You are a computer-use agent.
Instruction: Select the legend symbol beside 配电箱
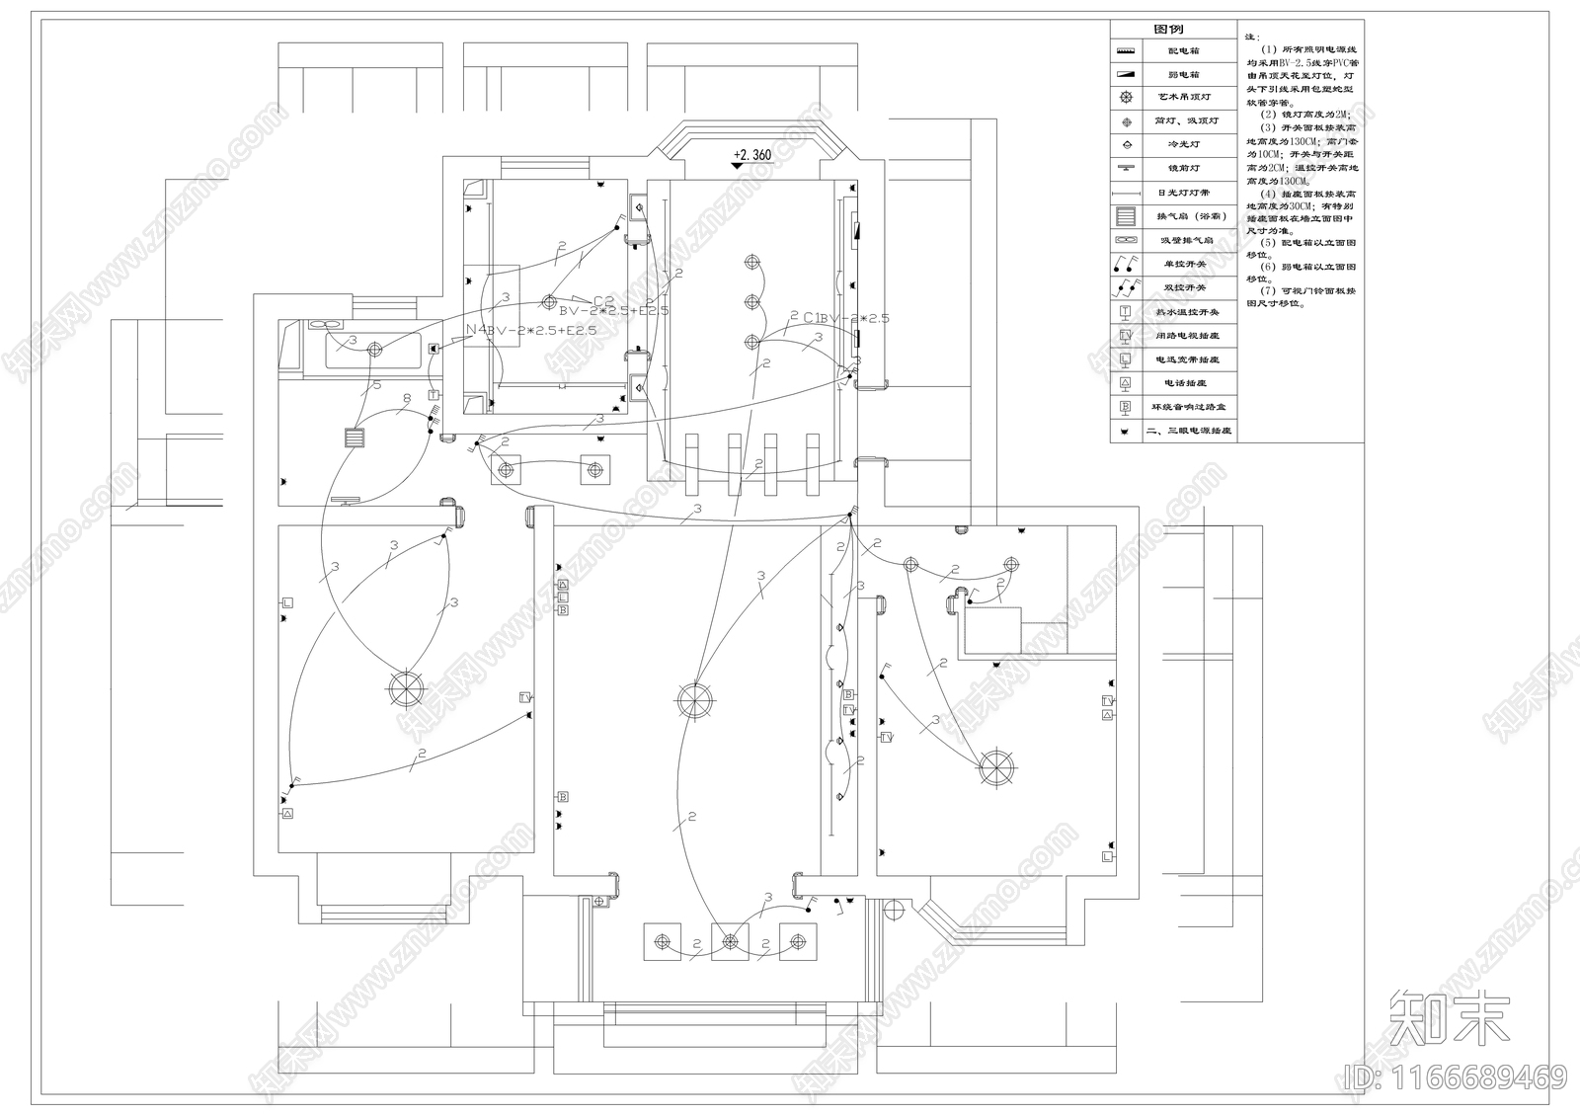[x=1126, y=50]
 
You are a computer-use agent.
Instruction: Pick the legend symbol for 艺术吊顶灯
[x=1126, y=98]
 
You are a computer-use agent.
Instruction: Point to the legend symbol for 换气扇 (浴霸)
[x=1126, y=216]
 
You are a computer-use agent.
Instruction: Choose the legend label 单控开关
[x=1188, y=265]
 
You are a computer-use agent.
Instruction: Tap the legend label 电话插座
[x=1188, y=383]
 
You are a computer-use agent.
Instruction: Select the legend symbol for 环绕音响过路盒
[x=1126, y=407]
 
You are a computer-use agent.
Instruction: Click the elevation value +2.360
[x=752, y=155]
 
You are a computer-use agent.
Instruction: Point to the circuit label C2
[x=603, y=300]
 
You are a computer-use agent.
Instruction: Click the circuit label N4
[x=476, y=330]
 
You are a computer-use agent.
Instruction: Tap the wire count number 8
[x=406, y=400]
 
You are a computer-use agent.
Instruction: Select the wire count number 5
[x=376, y=384]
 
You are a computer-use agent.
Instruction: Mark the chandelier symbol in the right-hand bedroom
[x=996, y=767]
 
